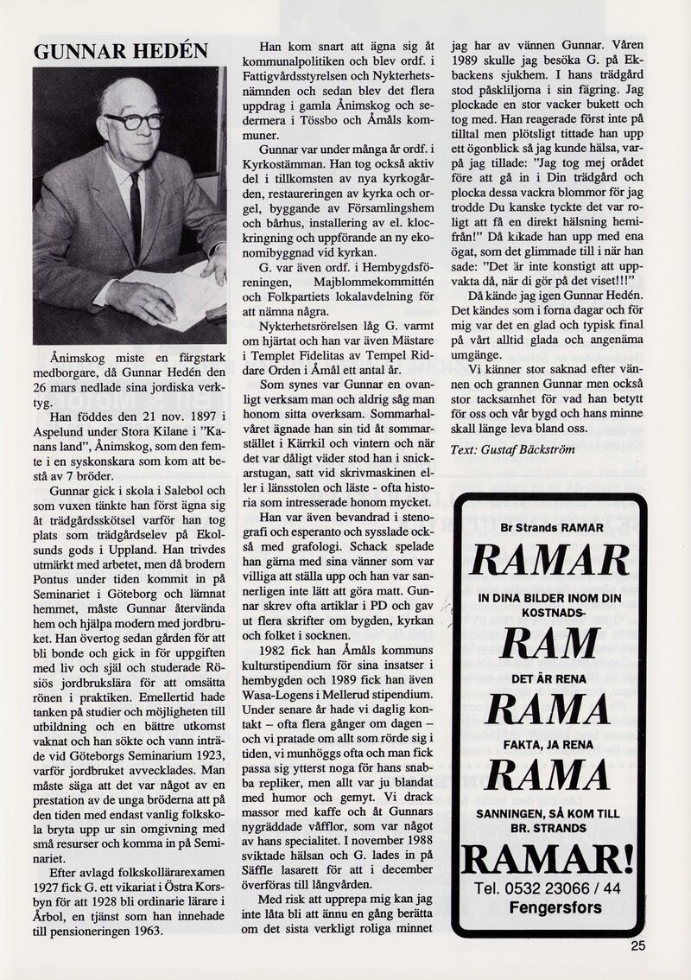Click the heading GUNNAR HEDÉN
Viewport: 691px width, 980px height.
(x=121, y=51)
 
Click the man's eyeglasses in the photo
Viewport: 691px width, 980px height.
(x=133, y=120)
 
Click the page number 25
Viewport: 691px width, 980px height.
(x=637, y=945)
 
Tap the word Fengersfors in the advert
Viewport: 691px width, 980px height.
(x=556, y=907)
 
